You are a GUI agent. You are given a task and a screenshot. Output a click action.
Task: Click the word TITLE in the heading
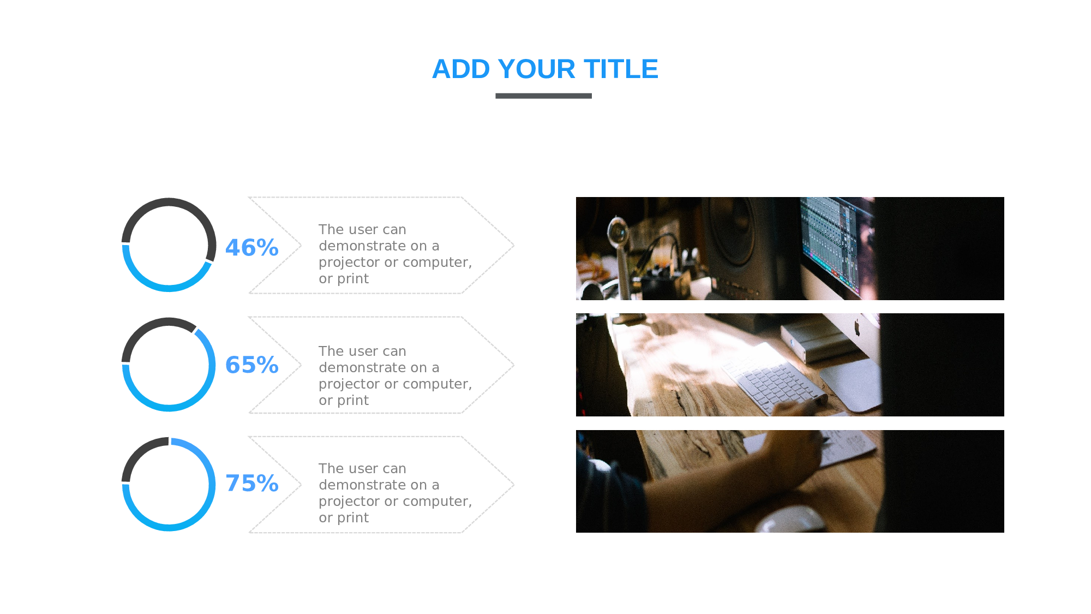621,69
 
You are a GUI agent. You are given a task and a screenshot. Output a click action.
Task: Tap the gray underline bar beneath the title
543,96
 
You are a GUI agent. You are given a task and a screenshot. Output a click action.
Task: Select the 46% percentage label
252,248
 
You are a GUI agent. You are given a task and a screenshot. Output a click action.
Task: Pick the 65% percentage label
252,365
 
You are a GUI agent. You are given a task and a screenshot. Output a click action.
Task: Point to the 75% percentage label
252,484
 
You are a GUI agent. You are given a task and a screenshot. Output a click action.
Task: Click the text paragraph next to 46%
395,254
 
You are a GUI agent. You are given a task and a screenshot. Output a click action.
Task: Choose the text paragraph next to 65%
395,375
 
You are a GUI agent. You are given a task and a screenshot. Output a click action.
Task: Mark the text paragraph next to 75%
395,493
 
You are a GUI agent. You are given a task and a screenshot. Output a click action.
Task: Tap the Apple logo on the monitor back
857,327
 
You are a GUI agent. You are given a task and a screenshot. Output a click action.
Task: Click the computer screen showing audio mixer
836,245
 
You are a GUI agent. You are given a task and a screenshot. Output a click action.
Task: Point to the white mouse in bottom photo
791,519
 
